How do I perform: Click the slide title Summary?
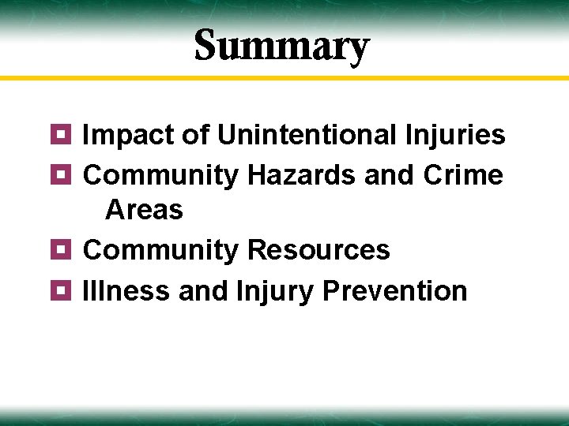pyautogui.click(x=281, y=46)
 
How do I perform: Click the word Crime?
pyautogui.click(x=463, y=174)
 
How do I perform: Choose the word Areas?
pyautogui.click(x=144, y=210)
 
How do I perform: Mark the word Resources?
pyautogui.click(x=318, y=250)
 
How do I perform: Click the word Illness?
pyautogui.click(x=127, y=291)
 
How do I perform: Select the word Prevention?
pyautogui.click(x=395, y=291)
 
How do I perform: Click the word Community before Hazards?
pyautogui.click(x=160, y=175)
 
